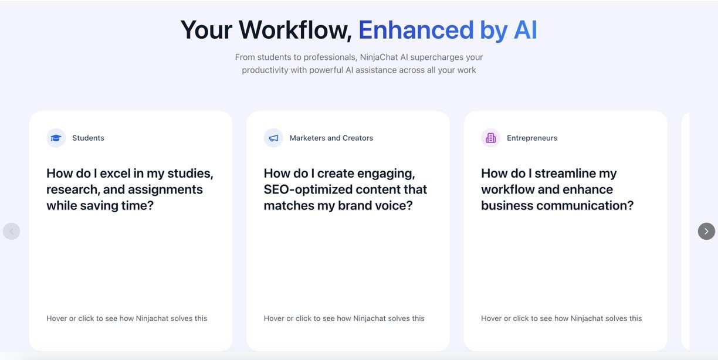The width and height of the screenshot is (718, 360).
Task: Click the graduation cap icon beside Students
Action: click(56, 138)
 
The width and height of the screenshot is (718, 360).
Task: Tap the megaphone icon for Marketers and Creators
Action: click(273, 138)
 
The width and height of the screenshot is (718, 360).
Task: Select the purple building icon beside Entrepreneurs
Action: click(491, 138)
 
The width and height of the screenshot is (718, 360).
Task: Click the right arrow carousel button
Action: click(706, 231)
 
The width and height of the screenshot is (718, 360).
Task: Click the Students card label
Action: click(88, 138)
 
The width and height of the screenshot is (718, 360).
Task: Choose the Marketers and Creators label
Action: click(331, 138)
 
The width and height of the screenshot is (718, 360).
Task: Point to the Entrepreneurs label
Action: click(532, 138)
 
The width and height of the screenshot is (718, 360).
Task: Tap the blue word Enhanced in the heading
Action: click(416, 30)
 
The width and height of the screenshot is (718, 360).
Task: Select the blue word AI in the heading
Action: click(526, 30)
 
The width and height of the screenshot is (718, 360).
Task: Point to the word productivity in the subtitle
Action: click(265, 70)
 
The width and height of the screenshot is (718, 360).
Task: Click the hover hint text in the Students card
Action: click(127, 318)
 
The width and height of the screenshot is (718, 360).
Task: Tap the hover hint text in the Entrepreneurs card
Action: click(561, 318)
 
